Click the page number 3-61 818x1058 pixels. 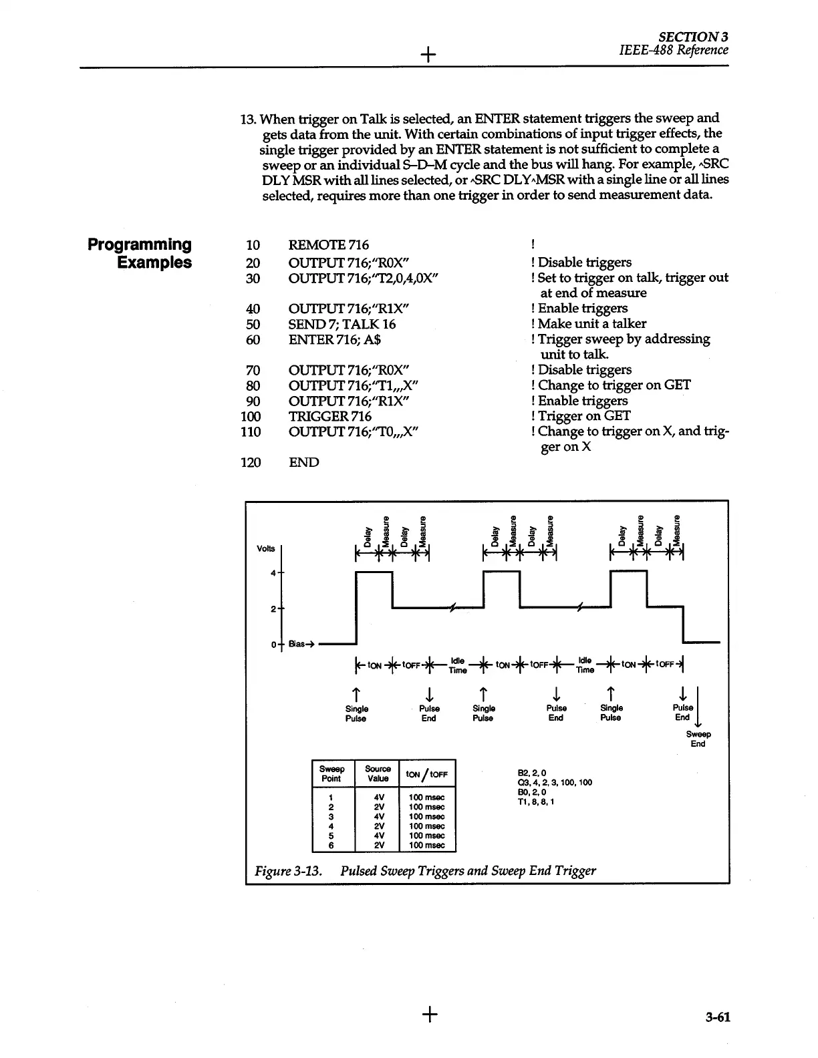point(718,1017)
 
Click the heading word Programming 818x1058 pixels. point(140,244)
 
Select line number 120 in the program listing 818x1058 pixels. point(251,462)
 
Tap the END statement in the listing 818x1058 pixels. point(303,462)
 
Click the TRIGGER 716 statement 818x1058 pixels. point(329,416)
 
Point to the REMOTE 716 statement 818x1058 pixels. point(328,245)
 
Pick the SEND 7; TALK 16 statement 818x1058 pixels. point(342,324)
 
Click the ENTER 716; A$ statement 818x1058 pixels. point(334,339)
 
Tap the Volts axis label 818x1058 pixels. point(265,548)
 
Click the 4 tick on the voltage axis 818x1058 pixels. point(273,573)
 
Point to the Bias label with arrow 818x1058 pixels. point(297,645)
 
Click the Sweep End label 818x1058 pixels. point(698,739)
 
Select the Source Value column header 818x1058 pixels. point(378,773)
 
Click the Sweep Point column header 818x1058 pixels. point(331,773)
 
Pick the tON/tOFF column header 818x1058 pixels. point(426,774)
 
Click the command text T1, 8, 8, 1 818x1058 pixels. point(535,802)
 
